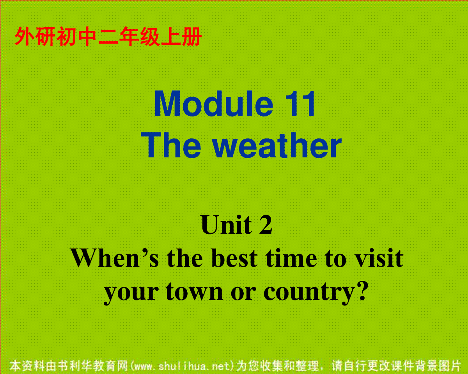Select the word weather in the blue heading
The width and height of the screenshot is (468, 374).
click(277, 145)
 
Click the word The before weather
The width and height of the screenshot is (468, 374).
click(171, 145)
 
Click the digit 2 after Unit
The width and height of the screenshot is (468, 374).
click(266, 224)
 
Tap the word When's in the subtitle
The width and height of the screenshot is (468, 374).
click(115, 258)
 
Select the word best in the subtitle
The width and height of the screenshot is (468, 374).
click(234, 258)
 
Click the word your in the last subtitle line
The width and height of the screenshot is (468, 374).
click(131, 293)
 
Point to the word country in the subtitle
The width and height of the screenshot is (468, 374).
click(309, 293)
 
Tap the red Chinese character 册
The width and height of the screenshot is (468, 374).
click(192, 36)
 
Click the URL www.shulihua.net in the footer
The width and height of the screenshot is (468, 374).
click(182, 366)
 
